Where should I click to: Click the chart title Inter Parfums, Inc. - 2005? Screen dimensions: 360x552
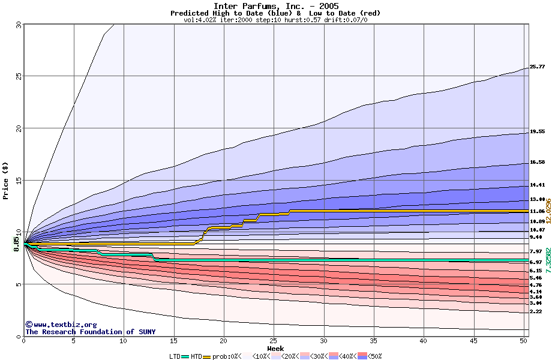click(275, 6)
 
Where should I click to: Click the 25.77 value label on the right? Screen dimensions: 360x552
click(537, 67)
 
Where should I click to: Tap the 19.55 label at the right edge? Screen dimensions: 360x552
click(537, 132)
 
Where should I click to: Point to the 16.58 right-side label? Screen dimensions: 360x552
click(537, 163)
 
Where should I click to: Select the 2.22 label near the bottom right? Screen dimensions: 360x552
click(536, 312)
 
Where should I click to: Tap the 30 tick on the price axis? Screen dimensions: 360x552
click(18, 25)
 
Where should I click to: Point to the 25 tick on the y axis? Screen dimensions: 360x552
click(18, 76)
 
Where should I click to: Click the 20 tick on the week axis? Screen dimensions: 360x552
click(224, 341)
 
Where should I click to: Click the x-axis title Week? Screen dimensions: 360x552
click(275, 348)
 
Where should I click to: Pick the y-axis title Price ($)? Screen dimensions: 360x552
click(5, 181)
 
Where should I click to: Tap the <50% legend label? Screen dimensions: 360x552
click(373, 356)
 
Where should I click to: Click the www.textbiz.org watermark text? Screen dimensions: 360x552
click(61, 325)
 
